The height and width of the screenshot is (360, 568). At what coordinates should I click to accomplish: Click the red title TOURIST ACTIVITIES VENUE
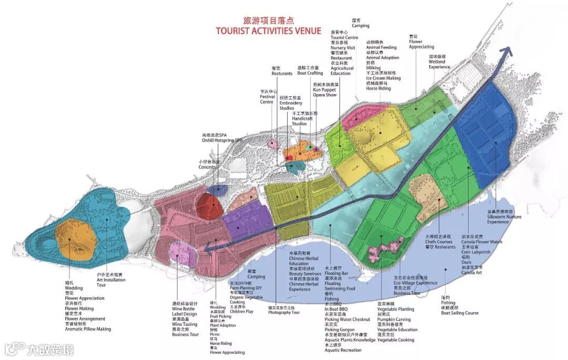click(x=268, y=31)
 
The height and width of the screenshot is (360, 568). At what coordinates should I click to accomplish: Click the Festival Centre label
click(x=267, y=98)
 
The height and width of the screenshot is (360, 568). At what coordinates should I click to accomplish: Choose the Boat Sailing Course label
click(x=460, y=313)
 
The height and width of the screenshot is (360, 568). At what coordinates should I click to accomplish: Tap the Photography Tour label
click(x=283, y=312)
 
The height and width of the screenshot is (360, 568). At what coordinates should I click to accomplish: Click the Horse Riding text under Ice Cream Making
click(x=379, y=88)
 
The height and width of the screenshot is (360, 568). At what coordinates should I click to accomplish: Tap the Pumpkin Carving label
click(x=394, y=319)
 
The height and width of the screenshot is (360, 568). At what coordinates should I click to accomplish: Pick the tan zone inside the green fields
click(x=428, y=195)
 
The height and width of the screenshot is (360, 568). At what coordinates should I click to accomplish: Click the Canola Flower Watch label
click(x=482, y=242)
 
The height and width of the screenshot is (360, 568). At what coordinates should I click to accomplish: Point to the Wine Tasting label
click(x=184, y=324)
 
